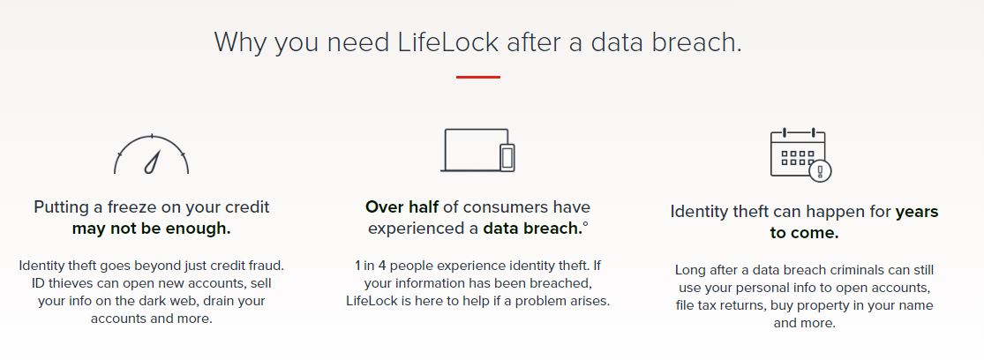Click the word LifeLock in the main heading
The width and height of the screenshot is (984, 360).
[448, 42]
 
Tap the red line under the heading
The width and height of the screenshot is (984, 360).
[478, 77]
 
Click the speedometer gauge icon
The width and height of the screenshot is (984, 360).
[151, 154]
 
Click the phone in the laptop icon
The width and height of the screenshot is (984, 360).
[507, 157]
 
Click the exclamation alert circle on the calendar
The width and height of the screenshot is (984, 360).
[820, 170]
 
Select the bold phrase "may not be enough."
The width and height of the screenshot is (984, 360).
[151, 229]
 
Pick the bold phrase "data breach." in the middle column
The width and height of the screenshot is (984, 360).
[532, 229]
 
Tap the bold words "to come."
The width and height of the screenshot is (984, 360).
[804, 233]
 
